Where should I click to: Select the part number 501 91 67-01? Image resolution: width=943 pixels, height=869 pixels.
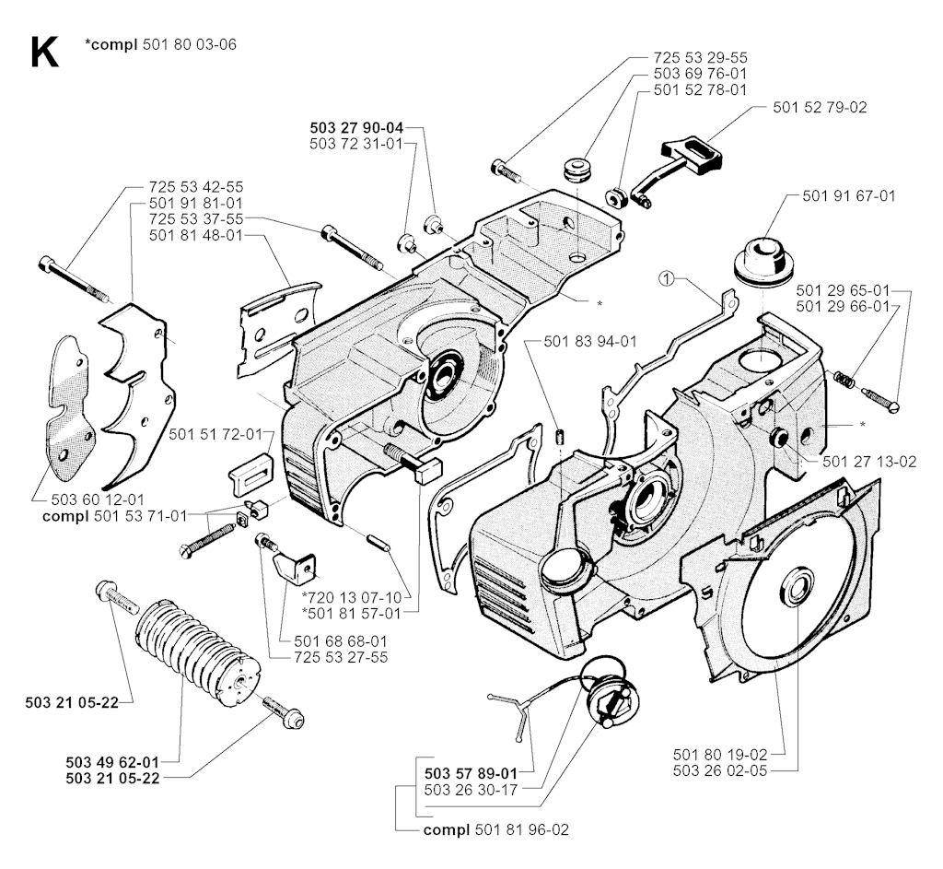coord(844,195)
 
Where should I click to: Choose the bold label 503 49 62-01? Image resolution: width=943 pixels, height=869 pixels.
coord(112,762)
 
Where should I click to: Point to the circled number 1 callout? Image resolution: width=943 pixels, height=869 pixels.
coord(668,277)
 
